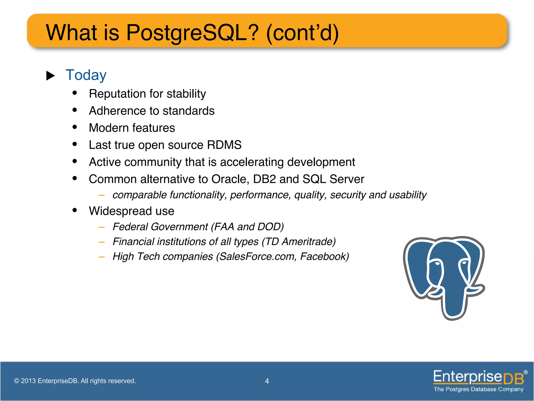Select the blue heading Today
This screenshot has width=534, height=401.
click(86, 75)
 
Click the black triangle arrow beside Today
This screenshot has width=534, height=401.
click(50, 76)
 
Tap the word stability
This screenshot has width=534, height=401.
click(186, 94)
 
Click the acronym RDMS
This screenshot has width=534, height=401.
click(224, 145)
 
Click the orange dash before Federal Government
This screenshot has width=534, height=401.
click(102, 227)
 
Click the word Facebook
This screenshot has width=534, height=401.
click(323, 257)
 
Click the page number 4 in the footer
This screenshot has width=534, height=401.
click(267, 381)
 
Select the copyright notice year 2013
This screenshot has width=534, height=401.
click(28, 381)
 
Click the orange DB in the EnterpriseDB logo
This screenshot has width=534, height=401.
click(513, 379)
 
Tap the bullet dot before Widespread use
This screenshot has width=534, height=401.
click(75, 210)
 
